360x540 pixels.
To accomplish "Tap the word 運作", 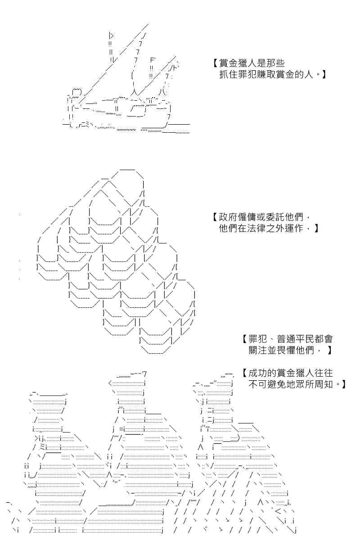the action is [295, 228].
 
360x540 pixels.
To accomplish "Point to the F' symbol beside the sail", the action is [153, 60].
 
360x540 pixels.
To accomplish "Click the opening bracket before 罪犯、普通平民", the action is [244, 339].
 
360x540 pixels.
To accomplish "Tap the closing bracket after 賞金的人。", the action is [324, 75].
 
